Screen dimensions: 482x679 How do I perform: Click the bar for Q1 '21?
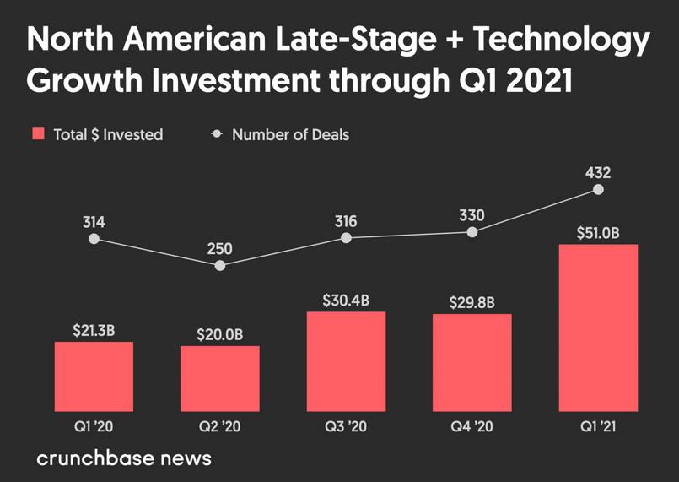coord(598,327)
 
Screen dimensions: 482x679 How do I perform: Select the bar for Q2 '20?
coord(219,377)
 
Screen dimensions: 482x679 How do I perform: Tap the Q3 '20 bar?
coord(346,360)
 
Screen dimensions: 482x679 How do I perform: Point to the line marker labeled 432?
coord(598,190)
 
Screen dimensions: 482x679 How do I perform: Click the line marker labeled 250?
coord(220,265)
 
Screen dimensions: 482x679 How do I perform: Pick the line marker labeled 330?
coord(472,232)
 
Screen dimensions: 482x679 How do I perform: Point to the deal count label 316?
coord(346,222)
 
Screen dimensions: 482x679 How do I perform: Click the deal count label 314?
coord(94,223)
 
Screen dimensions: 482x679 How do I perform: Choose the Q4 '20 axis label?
coord(472,426)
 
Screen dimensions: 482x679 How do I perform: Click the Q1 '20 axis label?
coord(94,426)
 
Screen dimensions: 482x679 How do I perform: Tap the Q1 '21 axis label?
coord(598,426)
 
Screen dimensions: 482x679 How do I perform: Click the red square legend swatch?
coord(38,134)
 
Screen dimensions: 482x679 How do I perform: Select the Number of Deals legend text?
coord(290,134)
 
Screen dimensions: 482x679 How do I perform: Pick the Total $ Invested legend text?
coord(108,134)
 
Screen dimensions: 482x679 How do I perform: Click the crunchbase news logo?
coord(124,458)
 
